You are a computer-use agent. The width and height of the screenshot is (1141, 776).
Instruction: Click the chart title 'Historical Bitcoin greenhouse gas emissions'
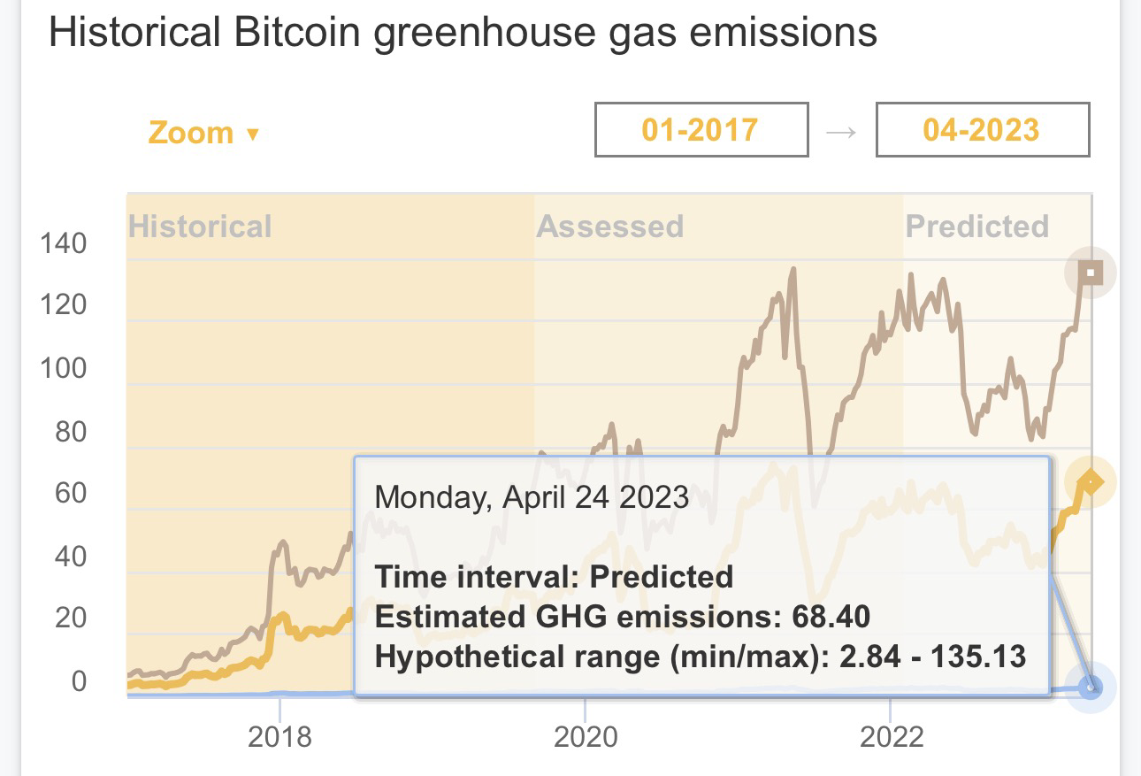click(463, 33)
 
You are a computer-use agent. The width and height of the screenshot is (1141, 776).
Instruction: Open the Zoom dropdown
click(203, 133)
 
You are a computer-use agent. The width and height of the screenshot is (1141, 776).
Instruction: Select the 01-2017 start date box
click(701, 131)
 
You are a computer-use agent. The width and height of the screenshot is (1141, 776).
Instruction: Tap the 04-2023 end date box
click(982, 131)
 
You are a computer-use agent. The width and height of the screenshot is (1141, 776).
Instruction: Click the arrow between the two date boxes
click(841, 132)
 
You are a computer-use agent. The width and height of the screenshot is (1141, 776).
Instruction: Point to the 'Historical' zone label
click(200, 227)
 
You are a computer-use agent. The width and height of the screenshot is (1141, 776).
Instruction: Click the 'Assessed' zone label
click(609, 227)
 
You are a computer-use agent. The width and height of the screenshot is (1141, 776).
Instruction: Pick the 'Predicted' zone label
click(976, 227)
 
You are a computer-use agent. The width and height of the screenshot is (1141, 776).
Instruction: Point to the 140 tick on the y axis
click(63, 243)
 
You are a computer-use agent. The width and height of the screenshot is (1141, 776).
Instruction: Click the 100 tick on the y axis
click(63, 368)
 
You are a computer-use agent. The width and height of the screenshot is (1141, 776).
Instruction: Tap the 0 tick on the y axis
click(80, 681)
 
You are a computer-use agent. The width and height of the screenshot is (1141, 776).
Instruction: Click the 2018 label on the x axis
click(280, 736)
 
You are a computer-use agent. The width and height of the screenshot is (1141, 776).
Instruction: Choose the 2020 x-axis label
click(585, 736)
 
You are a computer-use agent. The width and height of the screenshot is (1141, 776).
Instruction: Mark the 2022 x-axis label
click(891, 736)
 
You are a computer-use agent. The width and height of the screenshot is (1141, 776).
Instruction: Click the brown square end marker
click(1091, 273)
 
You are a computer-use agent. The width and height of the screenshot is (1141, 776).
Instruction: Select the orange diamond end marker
click(1091, 482)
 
